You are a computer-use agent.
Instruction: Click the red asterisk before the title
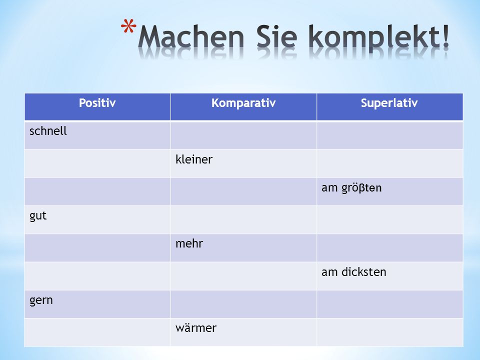[128, 26]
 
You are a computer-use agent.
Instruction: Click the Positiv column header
[97, 103]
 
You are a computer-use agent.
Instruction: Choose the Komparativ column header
[243, 103]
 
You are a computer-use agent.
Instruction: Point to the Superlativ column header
[389, 103]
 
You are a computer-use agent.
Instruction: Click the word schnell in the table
[48, 131]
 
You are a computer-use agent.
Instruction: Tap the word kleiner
[194, 159]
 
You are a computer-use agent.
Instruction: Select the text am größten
[351, 187]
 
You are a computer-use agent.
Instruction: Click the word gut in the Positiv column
[38, 216]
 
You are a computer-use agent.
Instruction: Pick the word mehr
[189, 243]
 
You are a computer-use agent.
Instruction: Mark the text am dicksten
[354, 272]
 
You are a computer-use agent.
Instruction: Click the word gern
[41, 300]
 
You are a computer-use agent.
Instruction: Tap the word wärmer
[196, 328]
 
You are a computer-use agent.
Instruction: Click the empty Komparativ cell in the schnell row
[243, 135]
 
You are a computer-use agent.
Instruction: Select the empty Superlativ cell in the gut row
[389, 220]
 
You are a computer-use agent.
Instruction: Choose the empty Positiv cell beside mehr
[97, 248]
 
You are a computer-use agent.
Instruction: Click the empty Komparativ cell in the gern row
[243, 304]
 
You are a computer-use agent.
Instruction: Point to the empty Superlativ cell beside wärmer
[389, 332]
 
